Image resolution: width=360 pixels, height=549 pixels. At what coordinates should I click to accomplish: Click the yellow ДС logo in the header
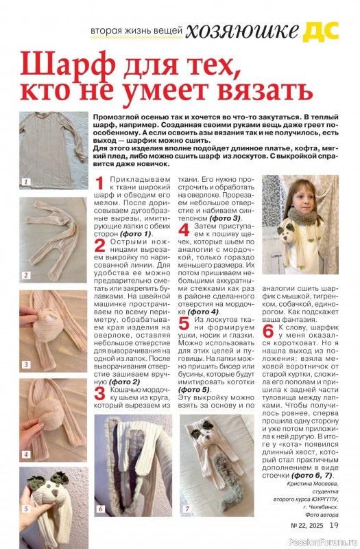click(x=321, y=32)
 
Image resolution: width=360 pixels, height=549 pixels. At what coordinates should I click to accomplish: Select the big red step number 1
click(x=99, y=183)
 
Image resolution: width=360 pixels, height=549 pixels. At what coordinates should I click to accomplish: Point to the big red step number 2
click(x=99, y=246)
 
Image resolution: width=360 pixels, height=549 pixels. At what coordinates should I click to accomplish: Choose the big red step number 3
click(x=99, y=393)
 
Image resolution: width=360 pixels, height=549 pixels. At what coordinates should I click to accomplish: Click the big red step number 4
click(x=184, y=230)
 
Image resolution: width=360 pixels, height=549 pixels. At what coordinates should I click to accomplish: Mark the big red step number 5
click(x=184, y=323)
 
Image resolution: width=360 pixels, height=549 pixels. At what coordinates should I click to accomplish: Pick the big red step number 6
click(x=268, y=331)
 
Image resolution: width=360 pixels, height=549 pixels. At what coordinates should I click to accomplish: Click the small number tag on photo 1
click(x=26, y=182)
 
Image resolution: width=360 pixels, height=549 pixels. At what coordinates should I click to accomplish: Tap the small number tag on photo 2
click(x=26, y=275)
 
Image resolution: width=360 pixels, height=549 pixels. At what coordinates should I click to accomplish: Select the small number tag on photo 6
click(x=101, y=509)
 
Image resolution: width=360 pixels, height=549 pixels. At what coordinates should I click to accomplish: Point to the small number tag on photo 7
click(x=187, y=509)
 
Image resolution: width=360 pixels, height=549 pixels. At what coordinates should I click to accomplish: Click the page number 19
click(x=334, y=525)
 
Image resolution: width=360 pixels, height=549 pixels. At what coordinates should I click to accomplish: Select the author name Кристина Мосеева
click(x=313, y=484)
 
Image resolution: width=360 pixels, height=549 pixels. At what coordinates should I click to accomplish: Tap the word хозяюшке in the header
click(x=242, y=32)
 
